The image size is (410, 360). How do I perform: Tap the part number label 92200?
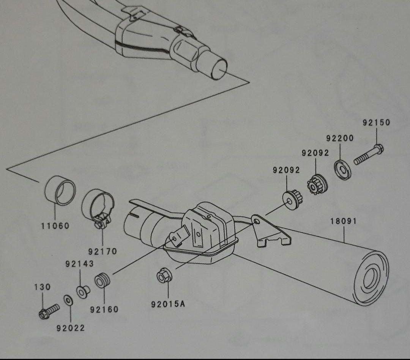(340, 138)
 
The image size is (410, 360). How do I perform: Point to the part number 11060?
(55, 226)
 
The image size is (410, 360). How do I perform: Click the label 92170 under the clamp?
(102, 251)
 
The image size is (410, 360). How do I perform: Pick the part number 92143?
(79, 264)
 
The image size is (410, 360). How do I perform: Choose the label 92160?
(104, 309)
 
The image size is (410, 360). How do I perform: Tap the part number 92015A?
(168, 304)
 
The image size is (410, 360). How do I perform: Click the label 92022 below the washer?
(71, 328)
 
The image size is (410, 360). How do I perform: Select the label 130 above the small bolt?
(42, 287)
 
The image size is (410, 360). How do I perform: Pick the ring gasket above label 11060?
(60, 191)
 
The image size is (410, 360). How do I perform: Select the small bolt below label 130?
(49, 310)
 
